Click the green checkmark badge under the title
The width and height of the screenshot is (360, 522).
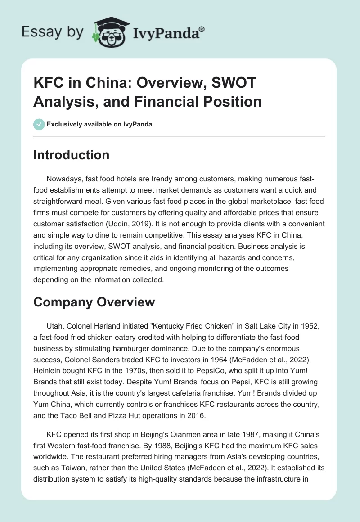click(39, 124)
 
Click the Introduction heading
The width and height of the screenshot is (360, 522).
click(71, 155)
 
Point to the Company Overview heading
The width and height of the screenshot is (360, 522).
click(94, 302)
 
